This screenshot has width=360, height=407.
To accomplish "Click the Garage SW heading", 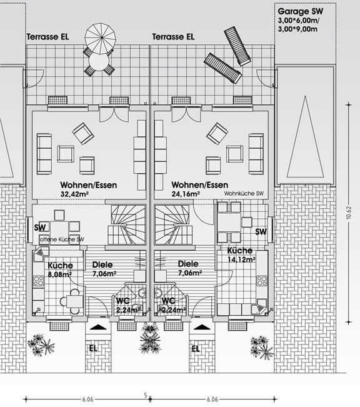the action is pyautogui.click(x=300, y=11).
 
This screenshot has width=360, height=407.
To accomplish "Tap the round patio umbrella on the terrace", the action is pyautogui.click(x=101, y=38).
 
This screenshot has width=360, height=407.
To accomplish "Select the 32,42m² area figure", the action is pyautogui.click(x=75, y=194).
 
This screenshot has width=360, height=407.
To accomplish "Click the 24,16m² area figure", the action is pyautogui.click(x=186, y=194).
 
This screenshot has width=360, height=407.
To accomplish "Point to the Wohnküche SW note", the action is pyautogui.click(x=244, y=194).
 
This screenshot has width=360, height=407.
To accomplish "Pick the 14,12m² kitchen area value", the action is pyautogui.click(x=241, y=259).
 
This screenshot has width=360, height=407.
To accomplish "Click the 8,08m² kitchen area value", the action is pyautogui.click(x=60, y=274).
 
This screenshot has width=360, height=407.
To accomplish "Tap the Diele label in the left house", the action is pyautogui.click(x=102, y=264).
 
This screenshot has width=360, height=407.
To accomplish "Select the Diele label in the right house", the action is pyautogui.click(x=188, y=264).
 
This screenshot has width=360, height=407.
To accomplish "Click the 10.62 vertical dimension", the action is pyautogui.click(x=349, y=213).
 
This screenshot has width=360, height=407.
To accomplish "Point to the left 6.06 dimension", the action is pyautogui.click(x=87, y=399).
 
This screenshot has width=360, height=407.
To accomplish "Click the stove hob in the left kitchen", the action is pyautogui.click(x=39, y=281).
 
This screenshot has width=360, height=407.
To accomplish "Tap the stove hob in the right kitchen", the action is pyautogui.click(x=262, y=281).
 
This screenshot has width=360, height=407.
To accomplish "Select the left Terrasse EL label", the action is pyautogui.click(x=48, y=37).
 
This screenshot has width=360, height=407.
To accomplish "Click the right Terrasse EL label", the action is pyautogui.click(x=173, y=37).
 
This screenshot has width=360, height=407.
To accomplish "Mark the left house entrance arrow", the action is pyautogui.click(x=98, y=327).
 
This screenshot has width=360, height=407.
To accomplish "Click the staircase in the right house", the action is pyautogui.click(x=172, y=224).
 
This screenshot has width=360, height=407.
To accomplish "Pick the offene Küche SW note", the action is pyautogui.click(x=62, y=239).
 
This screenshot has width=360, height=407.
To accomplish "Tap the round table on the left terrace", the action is pyautogui.click(x=99, y=63).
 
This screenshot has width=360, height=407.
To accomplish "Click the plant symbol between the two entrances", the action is pyautogui.click(x=151, y=339).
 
